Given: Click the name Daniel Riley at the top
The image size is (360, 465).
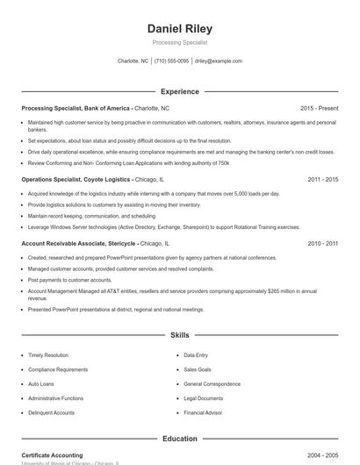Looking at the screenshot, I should coord(179,29).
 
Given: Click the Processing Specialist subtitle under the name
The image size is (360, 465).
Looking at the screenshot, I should coord(179,42).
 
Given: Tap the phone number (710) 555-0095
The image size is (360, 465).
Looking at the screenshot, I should coord(171,61).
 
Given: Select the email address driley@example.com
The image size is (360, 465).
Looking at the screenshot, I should coord(219,61).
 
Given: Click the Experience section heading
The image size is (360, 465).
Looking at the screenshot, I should coord(179,91).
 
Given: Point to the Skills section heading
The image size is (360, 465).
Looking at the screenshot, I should coord(179,335).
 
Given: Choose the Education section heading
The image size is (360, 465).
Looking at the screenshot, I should coord(179,439).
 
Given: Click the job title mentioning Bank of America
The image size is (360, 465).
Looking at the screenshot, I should coord(76,108).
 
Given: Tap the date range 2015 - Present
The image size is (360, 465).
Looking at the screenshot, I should coord(319,108).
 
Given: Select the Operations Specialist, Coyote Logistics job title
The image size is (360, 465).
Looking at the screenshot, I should coord(76,179).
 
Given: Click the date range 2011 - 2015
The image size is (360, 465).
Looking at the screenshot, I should coord(322,179).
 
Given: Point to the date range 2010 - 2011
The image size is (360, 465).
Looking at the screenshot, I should coord(322,243).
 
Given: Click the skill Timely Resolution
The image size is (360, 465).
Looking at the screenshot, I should coord(47,355).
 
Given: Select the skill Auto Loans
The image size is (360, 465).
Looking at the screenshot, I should coord(40,384).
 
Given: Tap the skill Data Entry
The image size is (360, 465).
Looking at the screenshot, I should coord(196,355).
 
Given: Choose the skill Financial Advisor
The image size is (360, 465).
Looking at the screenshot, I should coord(203,412).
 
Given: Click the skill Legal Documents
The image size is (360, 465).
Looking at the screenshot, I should coord(203,398).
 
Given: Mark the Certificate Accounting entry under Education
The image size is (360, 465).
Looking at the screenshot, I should coord(52,455).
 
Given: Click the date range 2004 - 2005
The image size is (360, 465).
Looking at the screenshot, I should coord(322,455).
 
